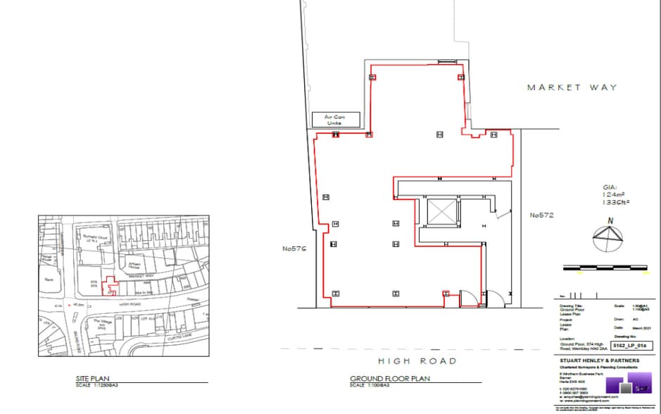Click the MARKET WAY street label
[572, 87]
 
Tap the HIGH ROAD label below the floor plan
[417, 360]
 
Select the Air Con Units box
[336, 119]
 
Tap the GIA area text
[615, 195]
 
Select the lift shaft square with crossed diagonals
[443, 211]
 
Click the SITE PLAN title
[92, 378]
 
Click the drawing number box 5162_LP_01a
[629, 346]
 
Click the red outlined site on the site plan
[108, 286]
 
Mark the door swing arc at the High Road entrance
[496, 297]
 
